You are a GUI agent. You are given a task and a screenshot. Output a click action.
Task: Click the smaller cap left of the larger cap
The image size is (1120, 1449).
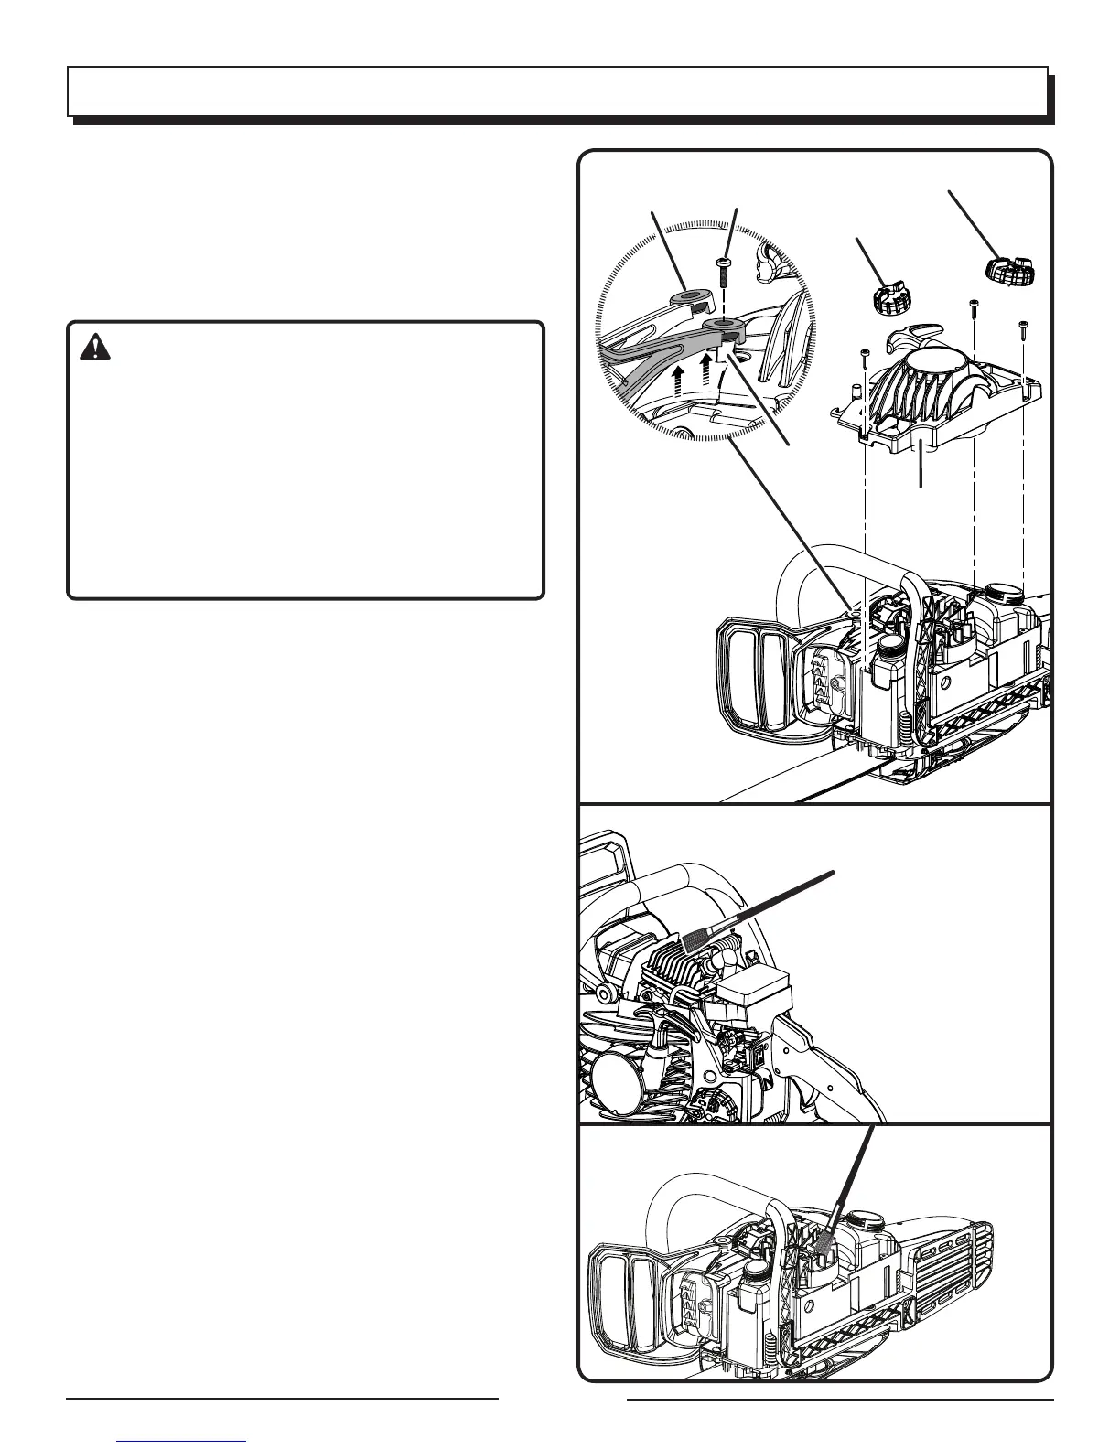(x=886, y=298)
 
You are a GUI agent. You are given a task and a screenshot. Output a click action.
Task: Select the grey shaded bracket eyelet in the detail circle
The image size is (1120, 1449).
(x=723, y=326)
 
